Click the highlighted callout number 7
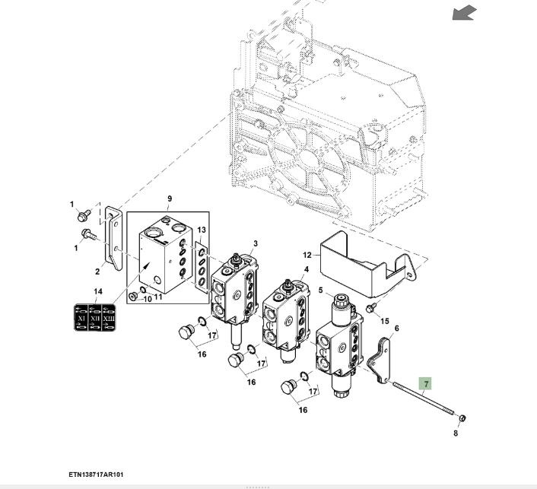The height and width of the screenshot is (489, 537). [426, 384]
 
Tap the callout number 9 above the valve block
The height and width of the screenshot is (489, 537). [170, 199]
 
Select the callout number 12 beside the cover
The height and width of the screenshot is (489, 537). [307, 255]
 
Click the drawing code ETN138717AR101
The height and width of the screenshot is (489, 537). [96, 474]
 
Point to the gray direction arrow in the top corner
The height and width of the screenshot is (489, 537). [463, 12]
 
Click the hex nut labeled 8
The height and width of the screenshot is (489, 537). [462, 418]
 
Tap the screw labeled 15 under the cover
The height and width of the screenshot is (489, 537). [370, 308]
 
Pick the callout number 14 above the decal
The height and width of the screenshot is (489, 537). [97, 292]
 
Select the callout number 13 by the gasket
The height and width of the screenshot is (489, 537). [202, 230]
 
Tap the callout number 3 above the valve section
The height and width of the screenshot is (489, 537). [256, 244]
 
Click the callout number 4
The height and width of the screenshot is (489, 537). [307, 269]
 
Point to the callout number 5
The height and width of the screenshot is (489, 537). [320, 290]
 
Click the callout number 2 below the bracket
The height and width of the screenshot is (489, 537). [98, 271]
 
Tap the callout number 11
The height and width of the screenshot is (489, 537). [158, 298]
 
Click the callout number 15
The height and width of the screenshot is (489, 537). [384, 322]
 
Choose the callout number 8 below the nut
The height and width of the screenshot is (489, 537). [456, 433]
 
